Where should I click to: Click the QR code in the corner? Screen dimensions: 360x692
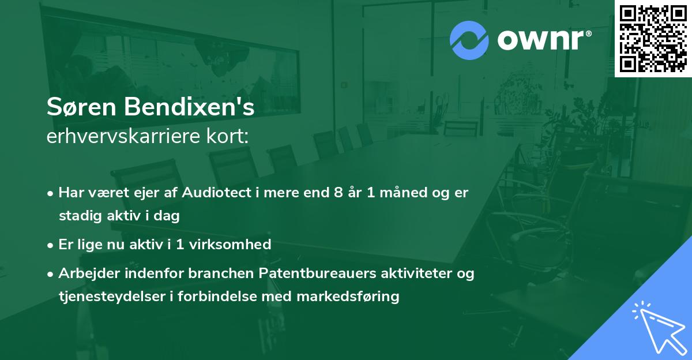pyautogui.click(x=653, y=38)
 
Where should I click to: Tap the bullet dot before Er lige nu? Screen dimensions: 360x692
pyautogui.click(x=51, y=245)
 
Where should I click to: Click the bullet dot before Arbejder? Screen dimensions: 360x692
pyautogui.click(x=51, y=273)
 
